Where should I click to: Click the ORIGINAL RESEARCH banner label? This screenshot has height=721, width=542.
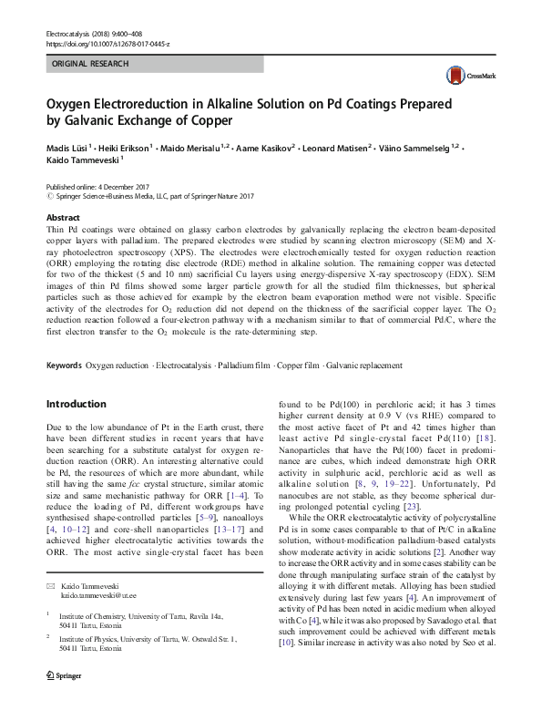[90, 64]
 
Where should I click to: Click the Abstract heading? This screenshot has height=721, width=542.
[63, 219]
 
